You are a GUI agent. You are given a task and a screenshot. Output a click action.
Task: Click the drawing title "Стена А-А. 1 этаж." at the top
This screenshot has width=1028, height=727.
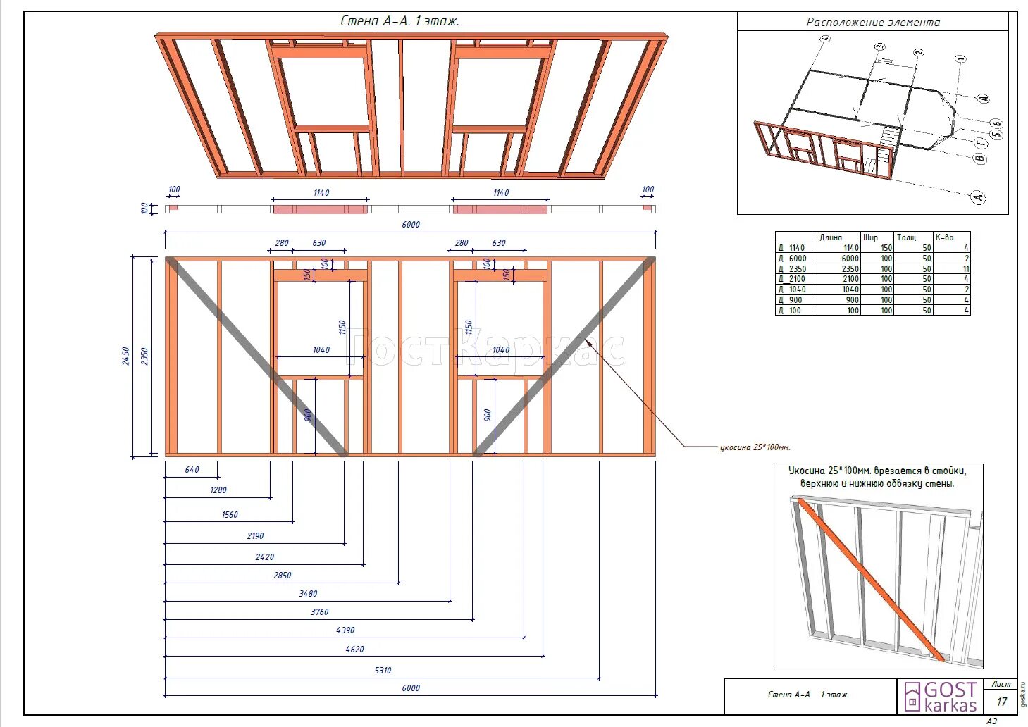(400, 21)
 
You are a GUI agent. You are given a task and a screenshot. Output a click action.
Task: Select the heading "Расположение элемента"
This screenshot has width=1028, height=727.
(873, 23)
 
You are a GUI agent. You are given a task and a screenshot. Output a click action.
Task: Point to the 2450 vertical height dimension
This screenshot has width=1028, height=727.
(126, 356)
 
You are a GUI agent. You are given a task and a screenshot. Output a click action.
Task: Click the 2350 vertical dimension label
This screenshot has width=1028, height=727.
(144, 356)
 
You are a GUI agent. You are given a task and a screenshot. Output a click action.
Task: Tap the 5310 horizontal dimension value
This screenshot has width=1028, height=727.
(383, 670)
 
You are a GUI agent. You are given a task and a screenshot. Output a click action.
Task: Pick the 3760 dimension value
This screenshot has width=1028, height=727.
(319, 611)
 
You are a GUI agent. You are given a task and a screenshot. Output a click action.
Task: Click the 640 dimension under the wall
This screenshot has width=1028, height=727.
(192, 469)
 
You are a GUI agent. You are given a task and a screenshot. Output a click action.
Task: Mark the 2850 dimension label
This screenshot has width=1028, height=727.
(282, 575)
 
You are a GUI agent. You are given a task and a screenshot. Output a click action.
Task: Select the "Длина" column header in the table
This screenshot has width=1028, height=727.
(831, 237)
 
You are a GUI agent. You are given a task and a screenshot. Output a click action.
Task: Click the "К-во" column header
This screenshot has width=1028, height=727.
(944, 237)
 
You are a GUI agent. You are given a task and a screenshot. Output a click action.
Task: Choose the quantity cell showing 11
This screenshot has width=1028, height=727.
(966, 268)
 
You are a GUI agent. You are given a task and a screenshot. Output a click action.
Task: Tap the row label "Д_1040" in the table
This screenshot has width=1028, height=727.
(792, 290)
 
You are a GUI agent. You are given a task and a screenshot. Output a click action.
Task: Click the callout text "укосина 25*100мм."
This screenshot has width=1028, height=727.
(755, 447)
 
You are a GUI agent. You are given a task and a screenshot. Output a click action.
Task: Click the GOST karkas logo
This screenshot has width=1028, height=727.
(941, 697)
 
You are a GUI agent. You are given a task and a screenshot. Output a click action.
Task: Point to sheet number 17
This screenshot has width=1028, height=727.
(1001, 702)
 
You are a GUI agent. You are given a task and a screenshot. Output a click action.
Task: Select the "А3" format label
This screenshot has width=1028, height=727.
(992, 721)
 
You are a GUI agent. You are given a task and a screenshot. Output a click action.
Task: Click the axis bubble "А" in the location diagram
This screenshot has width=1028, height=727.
(978, 197)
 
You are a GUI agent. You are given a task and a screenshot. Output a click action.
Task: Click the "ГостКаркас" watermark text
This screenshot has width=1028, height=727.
(486, 349)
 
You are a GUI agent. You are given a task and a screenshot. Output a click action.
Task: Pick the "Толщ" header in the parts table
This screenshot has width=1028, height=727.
(906, 237)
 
